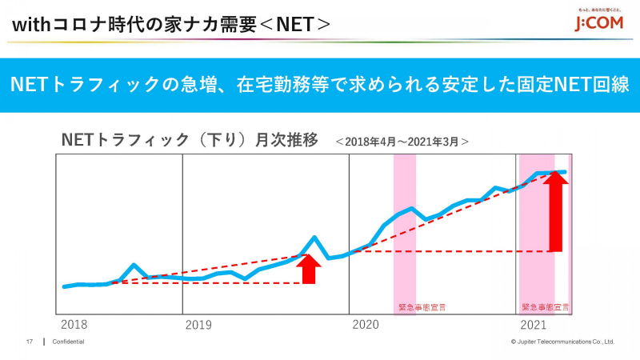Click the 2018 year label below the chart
pos(75,325)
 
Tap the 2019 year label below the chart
pos(198,325)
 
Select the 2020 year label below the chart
pos(365,325)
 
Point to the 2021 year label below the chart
pos(534,325)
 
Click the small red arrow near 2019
pos(310,269)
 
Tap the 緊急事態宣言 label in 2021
pos(545,306)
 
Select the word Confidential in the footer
pos(68,342)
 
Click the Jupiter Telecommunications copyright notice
pos(562,342)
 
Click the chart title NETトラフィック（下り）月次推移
pos(190,140)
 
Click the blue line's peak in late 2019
pos(315,238)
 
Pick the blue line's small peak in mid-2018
pos(134,265)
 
